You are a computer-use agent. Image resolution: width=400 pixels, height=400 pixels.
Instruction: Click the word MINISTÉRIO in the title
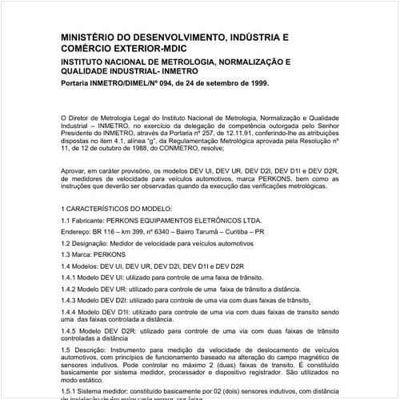pos(90,38)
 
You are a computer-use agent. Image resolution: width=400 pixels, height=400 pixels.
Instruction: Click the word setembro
pos(218,82)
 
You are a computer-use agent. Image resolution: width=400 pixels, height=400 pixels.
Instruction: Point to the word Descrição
pos(90,350)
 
